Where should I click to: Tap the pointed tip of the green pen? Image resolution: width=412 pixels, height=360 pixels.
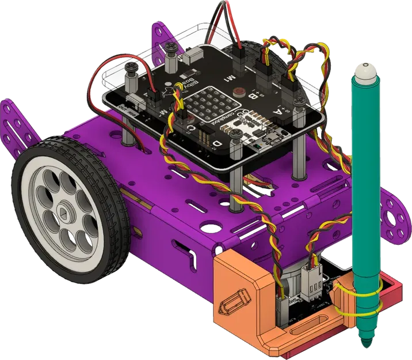coord(364,344)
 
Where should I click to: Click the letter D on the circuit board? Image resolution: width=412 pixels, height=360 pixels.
coord(218,143)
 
